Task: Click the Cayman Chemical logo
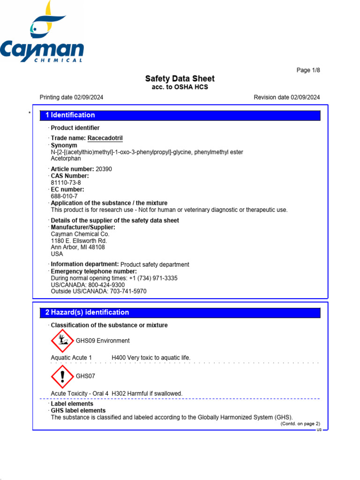42,33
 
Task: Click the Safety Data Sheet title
180,79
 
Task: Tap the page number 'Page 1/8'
308,70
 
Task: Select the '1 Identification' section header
70,115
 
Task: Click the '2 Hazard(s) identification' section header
87,313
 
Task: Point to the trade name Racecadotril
105,138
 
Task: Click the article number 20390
104,169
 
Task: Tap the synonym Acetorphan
66,159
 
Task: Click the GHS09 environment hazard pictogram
62,341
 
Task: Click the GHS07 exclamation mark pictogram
62,376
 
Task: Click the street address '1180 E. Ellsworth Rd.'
79,240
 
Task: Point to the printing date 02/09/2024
89,97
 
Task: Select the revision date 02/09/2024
305,97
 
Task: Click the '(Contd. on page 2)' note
300,424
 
